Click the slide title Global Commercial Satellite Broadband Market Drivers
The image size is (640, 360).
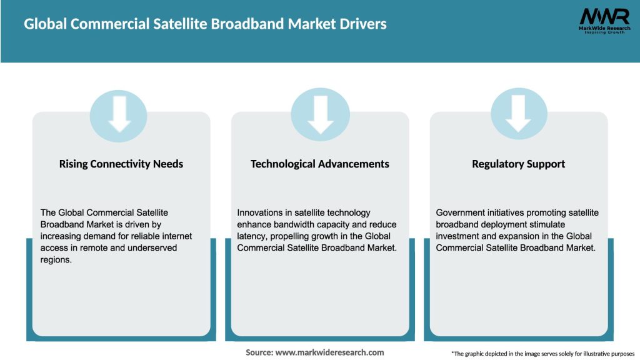pyautogui.click(x=205, y=24)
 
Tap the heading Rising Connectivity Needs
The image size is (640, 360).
pyautogui.click(x=121, y=164)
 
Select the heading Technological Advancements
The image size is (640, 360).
pyautogui.click(x=320, y=164)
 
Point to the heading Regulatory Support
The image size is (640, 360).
pyautogui.click(x=519, y=164)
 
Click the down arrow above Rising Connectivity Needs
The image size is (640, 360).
pyautogui.click(x=119, y=114)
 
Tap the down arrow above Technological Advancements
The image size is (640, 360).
pyautogui.click(x=320, y=114)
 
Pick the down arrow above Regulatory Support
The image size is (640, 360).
pyautogui.click(x=519, y=114)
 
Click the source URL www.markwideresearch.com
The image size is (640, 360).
pyautogui.click(x=330, y=352)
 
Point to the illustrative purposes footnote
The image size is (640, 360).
pyautogui.click(x=542, y=354)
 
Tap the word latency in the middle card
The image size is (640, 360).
pyautogui.click(x=251, y=236)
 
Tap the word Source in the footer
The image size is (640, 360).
pyautogui.click(x=259, y=352)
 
